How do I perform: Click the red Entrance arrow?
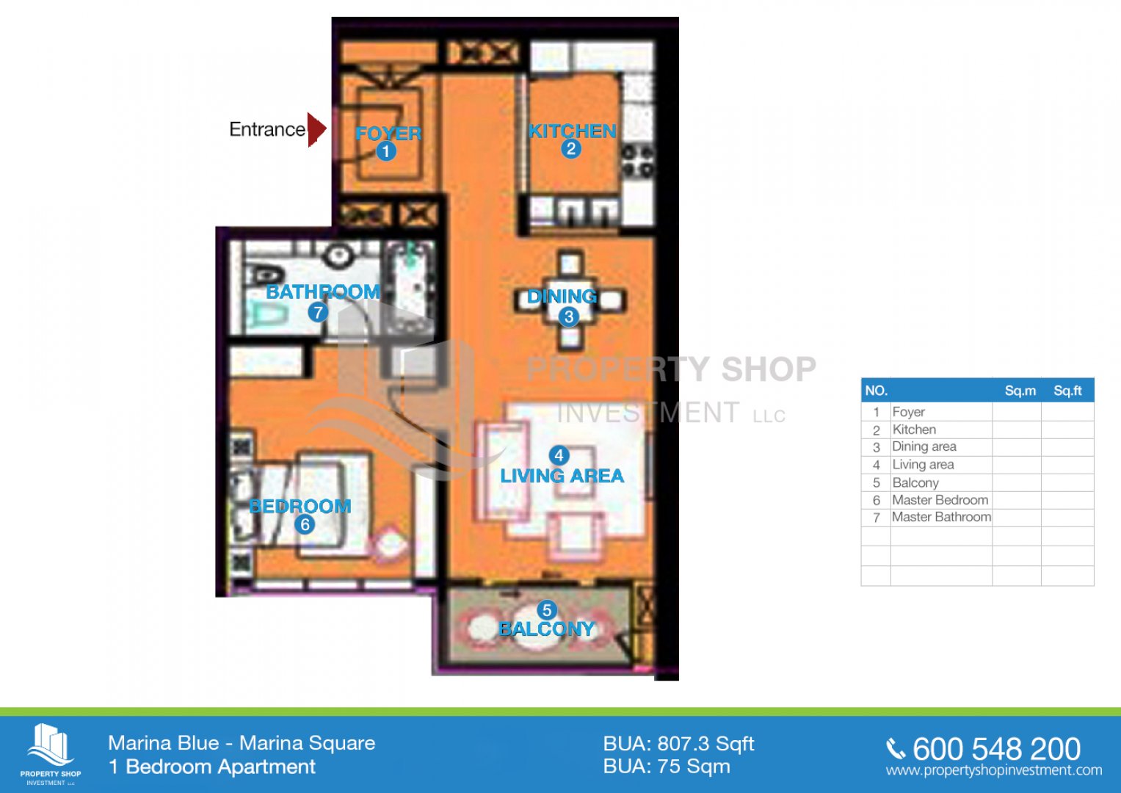316,129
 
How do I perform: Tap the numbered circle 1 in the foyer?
386,151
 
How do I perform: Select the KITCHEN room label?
573,131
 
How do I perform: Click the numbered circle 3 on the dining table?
568,316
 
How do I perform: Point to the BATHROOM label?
323,292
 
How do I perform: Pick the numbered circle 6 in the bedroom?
304,524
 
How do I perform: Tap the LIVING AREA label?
562,476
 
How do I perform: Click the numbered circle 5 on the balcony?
546,610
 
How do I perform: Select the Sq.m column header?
1020,391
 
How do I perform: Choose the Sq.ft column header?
1067,391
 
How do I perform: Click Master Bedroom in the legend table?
940,499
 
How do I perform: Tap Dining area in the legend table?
924,446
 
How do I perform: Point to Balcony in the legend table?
915,482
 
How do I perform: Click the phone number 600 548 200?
996,749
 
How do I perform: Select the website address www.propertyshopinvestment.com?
994,770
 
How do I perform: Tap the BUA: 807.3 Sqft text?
678,744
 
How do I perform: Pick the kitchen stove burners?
637,161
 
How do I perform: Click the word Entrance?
267,130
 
